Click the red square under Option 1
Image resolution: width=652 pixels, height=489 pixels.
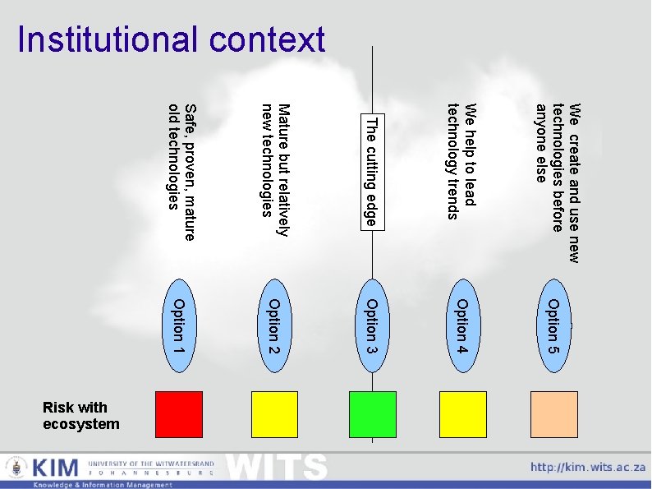tap(178, 414)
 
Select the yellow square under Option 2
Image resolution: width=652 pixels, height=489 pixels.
tap(275, 414)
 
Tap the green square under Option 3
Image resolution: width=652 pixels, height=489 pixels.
tap(372, 414)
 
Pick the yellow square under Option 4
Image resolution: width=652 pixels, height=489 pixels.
tap(463, 414)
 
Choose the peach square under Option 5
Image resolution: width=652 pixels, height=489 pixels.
tap(554, 414)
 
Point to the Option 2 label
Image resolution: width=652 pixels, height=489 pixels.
tap(275, 328)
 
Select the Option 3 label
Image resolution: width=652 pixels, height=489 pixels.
tap(372, 328)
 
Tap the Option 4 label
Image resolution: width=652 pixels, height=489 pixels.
tap(463, 328)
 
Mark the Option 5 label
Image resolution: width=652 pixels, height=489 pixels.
tap(554, 328)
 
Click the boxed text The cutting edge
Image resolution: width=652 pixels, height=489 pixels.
tap(372, 171)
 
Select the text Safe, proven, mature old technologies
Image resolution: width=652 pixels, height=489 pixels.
tap(181, 172)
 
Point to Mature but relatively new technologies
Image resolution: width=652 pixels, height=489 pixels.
tap(274, 171)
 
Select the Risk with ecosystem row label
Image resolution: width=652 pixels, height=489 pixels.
tap(80, 416)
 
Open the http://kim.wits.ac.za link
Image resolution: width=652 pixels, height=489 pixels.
tap(587, 467)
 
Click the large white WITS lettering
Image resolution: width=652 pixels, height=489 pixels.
tap(277, 468)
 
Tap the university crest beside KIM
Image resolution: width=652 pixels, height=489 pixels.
tap(16, 468)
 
